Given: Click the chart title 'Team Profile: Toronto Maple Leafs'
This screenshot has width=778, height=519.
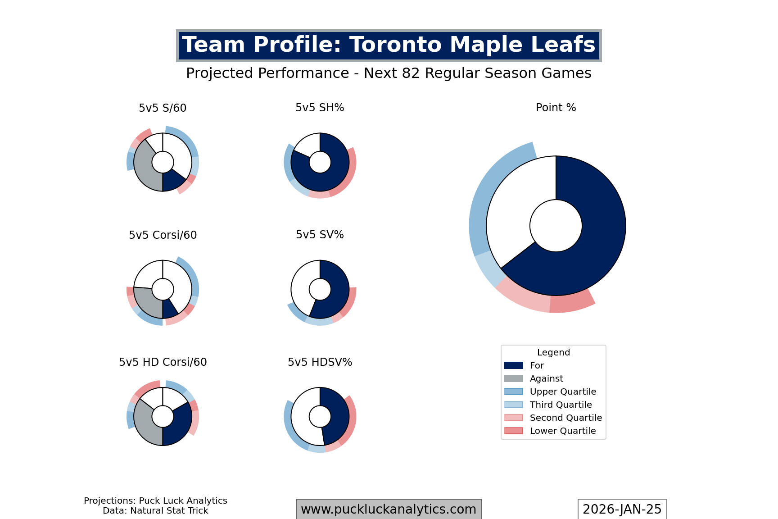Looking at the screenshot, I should [389, 46].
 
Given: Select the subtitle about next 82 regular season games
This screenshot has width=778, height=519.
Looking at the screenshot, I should [389, 73].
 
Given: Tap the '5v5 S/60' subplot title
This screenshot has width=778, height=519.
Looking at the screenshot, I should [163, 108].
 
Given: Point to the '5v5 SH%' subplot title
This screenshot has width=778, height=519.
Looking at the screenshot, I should [320, 108].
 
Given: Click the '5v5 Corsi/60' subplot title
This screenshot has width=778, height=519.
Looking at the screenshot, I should [163, 235].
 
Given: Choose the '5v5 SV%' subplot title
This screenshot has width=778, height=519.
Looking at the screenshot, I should [320, 235].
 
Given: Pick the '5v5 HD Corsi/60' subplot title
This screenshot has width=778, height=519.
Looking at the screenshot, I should [163, 362].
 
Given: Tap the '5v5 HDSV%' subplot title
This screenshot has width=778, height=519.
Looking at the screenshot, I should [320, 362].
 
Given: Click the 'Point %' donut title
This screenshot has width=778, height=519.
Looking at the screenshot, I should [556, 108].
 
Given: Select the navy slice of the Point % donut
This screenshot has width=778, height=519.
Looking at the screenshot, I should [594, 234].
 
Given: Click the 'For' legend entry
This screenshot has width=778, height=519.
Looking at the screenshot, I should [537, 365].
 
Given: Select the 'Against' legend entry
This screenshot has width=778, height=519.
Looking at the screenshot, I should [546, 378].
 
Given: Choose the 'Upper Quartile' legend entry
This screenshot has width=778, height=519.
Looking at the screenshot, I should [563, 392].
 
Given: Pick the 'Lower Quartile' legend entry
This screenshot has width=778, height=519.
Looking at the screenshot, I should [563, 431].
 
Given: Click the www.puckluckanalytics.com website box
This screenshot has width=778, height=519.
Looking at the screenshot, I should [389, 509].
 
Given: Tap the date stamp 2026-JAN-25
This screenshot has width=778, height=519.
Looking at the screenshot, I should [622, 509].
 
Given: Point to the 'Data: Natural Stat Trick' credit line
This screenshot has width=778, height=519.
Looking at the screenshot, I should [155, 511].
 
